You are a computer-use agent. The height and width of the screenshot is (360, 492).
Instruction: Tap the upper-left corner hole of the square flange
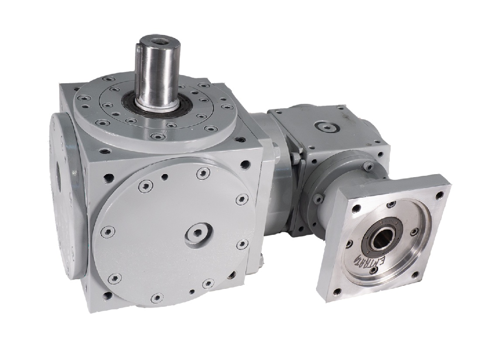(357, 209)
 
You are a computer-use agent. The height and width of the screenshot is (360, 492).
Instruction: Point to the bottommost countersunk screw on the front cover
(155, 299)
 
